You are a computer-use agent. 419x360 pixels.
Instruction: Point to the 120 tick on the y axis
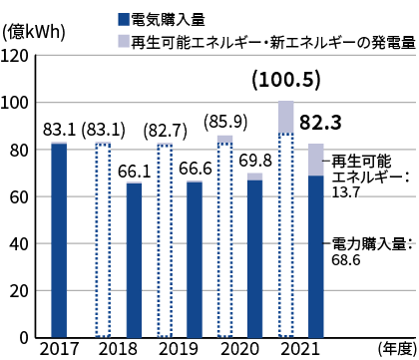click(x=16, y=56)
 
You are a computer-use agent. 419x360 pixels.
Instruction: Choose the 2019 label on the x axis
click(x=180, y=349)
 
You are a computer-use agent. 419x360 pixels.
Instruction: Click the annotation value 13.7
click(x=346, y=189)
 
